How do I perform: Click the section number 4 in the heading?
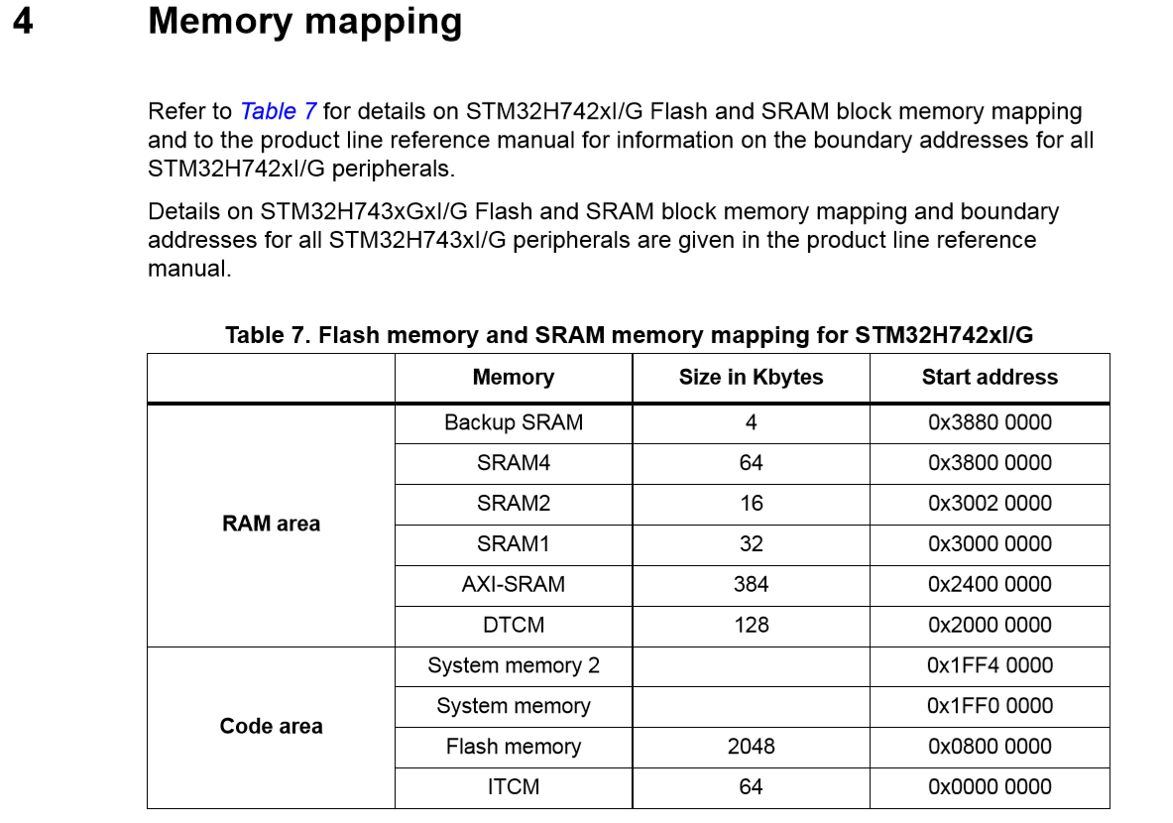[22, 21]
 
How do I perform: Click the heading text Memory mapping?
[304, 21]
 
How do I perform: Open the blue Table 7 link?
[278, 111]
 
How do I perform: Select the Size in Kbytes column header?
[751, 377]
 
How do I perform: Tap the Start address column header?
[989, 377]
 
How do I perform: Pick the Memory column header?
[513, 377]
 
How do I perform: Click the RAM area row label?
[271, 524]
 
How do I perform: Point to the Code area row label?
[271, 726]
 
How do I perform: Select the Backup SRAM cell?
[513, 422]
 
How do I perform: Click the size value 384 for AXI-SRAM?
[751, 584]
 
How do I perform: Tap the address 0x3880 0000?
[989, 422]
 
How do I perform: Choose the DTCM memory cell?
[513, 625]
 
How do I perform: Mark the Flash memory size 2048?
[751, 746]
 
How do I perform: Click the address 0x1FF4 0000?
[989, 665]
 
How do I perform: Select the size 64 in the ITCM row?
[751, 786]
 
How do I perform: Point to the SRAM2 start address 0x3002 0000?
[989, 503]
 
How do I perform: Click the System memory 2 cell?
[513, 665]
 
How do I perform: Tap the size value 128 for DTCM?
[751, 625]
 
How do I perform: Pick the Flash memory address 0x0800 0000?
[989, 746]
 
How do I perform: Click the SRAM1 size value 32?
[751, 543]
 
